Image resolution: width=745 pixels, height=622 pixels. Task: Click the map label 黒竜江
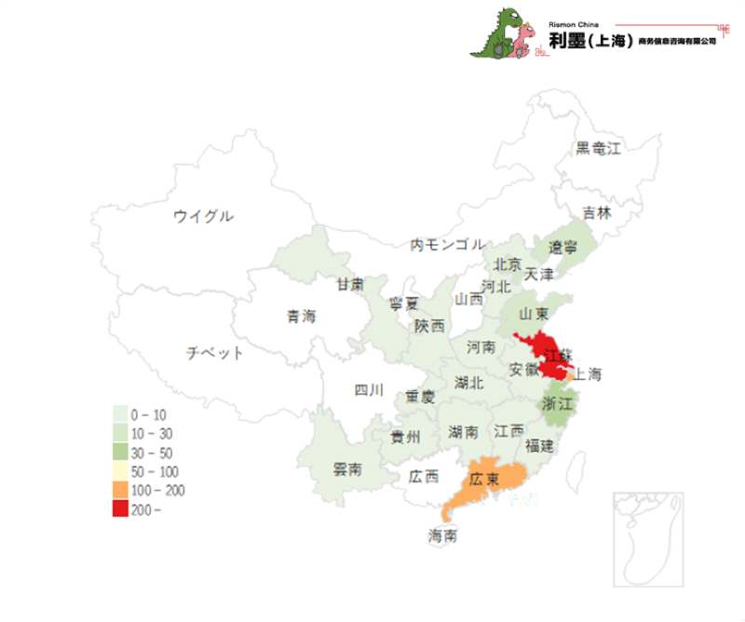[x=597, y=148]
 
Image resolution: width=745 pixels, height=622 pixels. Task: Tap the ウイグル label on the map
[x=203, y=217]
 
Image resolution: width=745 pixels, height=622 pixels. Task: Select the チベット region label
[x=214, y=353]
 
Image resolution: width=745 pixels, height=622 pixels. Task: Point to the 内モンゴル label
[x=448, y=245]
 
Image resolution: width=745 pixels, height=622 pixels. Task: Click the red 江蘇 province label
[x=560, y=355]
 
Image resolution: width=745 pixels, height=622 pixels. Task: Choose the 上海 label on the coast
[x=588, y=375]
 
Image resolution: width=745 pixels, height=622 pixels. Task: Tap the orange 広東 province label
[x=484, y=480]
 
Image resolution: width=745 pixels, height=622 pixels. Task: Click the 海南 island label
[x=443, y=536]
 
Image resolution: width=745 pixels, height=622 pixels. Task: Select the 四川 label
[x=369, y=390]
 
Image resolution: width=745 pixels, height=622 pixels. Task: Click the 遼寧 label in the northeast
[x=562, y=248]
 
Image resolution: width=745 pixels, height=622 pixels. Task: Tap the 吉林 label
[x=597, y=212]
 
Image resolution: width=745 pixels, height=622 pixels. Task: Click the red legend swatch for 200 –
[x=120, y=509]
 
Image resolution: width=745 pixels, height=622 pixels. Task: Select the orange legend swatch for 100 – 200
[x=120, y=490]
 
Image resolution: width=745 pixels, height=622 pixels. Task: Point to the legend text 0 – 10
[x=148, y=413]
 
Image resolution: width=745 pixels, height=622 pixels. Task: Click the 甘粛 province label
[x=350, y=284]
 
